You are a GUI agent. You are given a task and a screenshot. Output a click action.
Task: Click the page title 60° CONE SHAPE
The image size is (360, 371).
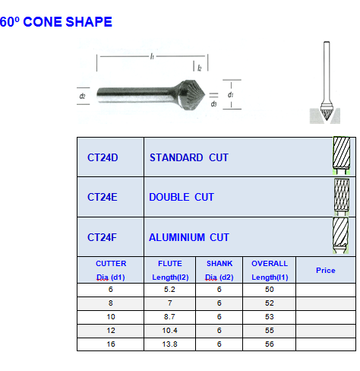[x=56, y=22]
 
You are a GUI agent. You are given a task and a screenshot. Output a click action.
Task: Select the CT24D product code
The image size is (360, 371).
[x=103, y=157]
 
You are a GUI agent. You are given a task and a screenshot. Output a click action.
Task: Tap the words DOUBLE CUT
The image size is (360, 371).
[x=182, y=197]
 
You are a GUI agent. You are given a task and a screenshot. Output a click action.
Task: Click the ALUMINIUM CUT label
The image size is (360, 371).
[x=189, y=237]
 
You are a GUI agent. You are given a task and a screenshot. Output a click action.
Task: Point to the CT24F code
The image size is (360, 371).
[x=102, y=237]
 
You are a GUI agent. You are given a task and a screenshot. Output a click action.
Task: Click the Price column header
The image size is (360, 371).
[x=326, y=271]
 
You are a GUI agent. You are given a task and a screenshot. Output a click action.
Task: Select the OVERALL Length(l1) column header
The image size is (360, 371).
[x=270, y=271]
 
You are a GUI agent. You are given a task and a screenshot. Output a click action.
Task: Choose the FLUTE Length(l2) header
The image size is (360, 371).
[x=170, y=271]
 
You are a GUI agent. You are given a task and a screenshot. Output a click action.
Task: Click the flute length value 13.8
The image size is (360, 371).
[x=169, y=344]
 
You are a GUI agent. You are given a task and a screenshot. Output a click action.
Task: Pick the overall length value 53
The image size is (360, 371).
[x=270, y=317]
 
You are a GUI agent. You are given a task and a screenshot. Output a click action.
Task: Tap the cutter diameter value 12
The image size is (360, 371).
[x=111, y=331]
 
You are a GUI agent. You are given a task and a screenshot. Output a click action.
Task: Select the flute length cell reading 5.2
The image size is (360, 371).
[x=169, y=290]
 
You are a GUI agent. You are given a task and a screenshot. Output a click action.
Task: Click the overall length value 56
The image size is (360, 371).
[x=270, y=344]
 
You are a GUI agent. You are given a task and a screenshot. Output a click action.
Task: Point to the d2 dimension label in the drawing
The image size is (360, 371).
[x=82, y=96]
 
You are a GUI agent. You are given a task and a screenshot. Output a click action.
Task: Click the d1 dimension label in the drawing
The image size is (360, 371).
[x=230, y=95]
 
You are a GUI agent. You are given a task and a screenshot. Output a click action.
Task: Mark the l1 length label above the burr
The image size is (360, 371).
[x=152, y=56]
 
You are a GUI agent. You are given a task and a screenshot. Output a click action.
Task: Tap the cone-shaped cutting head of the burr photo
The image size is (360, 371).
[x=191, y=95]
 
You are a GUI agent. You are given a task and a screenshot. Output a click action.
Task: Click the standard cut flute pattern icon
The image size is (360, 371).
[x=342, y=156]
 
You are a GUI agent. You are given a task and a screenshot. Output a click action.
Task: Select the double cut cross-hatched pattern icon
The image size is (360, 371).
[x=342, y=197]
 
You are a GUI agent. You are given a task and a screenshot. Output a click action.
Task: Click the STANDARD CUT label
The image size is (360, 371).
[x=189, y=157]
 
